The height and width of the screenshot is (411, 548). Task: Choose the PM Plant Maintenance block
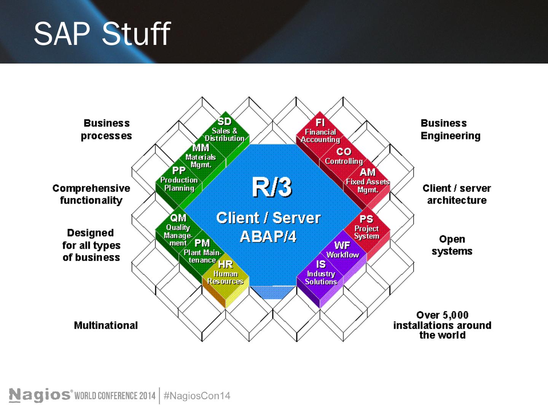202,251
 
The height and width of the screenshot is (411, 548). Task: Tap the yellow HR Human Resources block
225,274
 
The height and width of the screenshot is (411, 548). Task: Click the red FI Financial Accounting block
320,131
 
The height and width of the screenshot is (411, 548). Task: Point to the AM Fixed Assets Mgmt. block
367,180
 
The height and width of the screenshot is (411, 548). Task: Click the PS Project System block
366,228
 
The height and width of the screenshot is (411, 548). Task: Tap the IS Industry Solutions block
321,273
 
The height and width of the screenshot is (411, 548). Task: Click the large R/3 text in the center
272,187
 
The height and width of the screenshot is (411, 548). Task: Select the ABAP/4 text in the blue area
268,237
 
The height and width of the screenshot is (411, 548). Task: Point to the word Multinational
106,325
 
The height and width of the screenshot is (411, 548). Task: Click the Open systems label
452,245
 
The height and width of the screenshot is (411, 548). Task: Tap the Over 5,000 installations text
442,325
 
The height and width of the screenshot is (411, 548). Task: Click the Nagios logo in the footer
40,395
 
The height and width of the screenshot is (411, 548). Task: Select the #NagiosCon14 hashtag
197,396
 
